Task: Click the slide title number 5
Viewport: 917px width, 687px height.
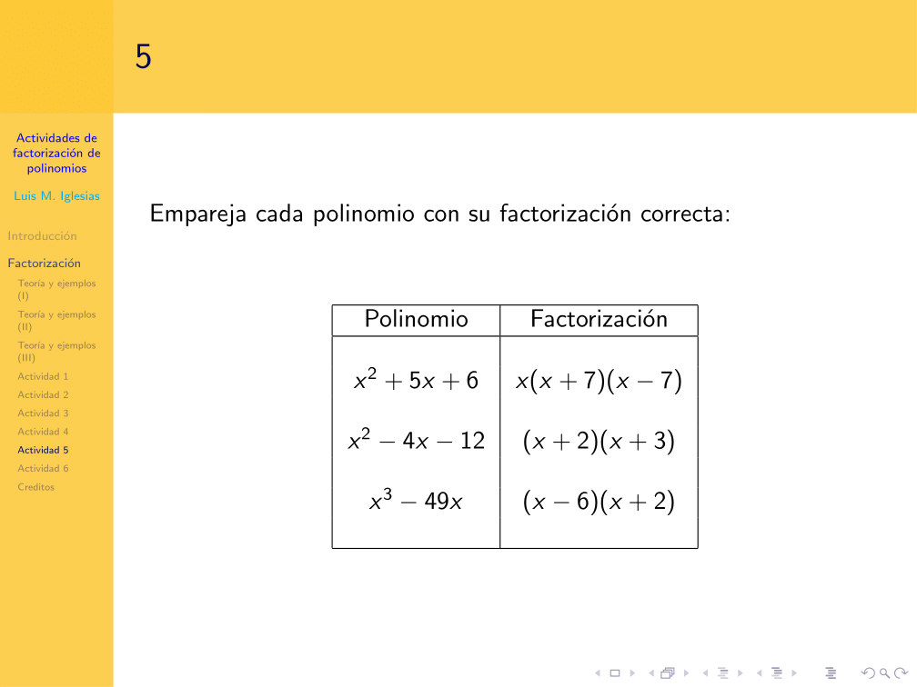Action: click(144, 57)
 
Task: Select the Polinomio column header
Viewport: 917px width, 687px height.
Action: click(416, 320)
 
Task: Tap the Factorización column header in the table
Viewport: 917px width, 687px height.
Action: click(599, 320)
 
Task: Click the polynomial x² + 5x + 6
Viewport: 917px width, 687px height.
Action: click(416, 381)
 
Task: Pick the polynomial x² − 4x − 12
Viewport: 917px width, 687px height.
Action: click(416, 442)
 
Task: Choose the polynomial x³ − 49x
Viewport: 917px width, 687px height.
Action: click(416, 502)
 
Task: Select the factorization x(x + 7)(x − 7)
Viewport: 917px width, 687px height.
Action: click(599, 381)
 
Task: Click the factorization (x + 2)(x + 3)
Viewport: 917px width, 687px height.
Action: click(599, 442)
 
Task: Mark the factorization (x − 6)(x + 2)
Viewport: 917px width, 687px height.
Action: click(599, 502)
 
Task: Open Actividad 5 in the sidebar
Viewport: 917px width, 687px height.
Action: click(43, 450)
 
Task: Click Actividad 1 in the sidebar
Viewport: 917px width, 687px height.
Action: click(43, 376)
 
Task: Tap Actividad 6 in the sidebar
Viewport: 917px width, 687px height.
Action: click(43, 469)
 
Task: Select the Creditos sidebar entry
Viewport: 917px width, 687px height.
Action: click(35, 487)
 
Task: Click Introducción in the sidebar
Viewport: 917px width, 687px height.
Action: click(42, 236)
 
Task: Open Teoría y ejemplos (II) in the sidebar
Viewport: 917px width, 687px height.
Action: click(56, 320)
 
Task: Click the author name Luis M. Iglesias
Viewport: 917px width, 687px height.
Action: click(56, 196)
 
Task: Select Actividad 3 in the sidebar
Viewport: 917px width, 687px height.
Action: click(43, 413)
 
